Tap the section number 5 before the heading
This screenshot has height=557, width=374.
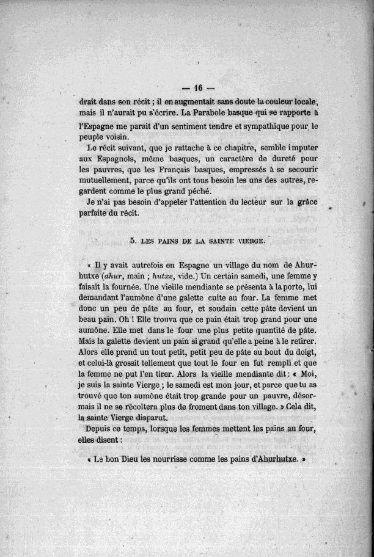133,242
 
